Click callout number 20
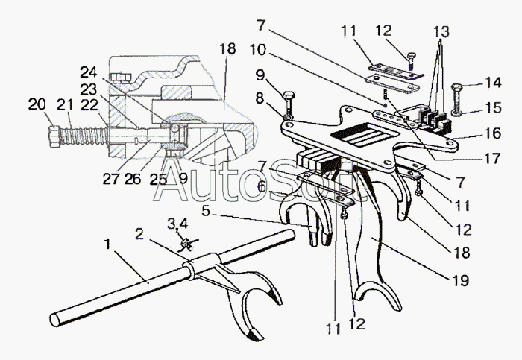click(x=37, y=105)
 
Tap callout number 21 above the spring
click(x=65, y=105)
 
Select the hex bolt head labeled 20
click(x=54, y=136)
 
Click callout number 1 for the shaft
click(x=107, y=244)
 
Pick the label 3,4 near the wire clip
click(x=177, y=224)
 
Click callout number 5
click(x=206, y=211)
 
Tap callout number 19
click(x=461, y=280)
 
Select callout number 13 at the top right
click(x=441, y=31)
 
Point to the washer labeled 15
click(x=456, y=112)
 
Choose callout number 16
click(x=493, y=133)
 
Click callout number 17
click(x=492, y=158)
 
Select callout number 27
click(x=110, y=179)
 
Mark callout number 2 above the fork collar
click(x=139, y=234)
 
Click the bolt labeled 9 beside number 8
click(x=289, y=106)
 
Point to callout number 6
click(x=262, y=187)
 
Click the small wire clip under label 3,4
click(x=186, y=245)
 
